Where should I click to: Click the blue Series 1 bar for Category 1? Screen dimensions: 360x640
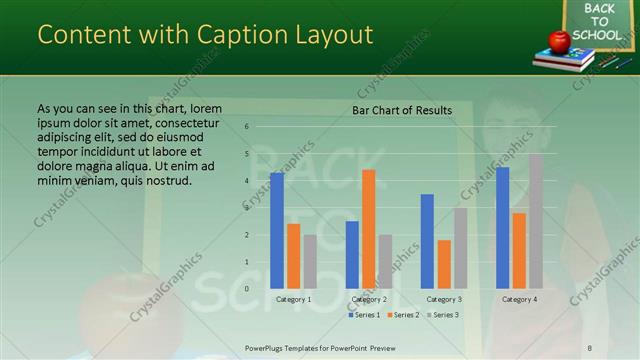click(277, 230)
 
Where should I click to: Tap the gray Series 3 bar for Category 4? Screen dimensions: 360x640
click(536, 220)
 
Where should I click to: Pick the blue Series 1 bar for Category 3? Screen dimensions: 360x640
click(427, 240)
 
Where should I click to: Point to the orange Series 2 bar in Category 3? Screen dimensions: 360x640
click(444, 264)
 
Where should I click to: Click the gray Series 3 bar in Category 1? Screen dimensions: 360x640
click(310, 261)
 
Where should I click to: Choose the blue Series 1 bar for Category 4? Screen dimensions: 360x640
click(502, 227)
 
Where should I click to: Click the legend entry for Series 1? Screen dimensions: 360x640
click(365, 315)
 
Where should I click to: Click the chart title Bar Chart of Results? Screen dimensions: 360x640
click(402, 110)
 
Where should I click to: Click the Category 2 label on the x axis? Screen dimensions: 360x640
click(369, 299)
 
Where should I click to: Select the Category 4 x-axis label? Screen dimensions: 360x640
click(519, 299)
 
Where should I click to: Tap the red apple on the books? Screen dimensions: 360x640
click(558, 41)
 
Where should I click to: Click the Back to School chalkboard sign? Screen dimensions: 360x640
click(600, 22)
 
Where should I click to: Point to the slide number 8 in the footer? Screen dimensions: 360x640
click(590, 347)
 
